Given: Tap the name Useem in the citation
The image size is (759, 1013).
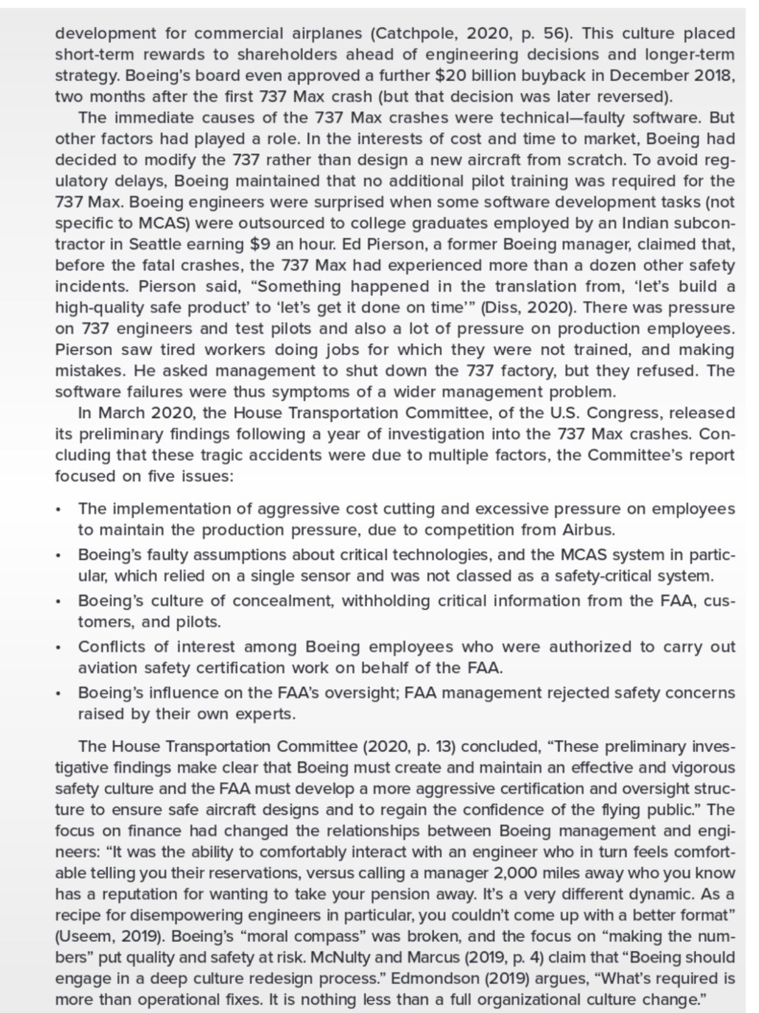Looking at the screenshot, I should pyautogui.click(x=80, y=936).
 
